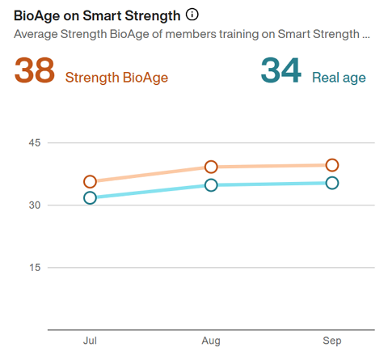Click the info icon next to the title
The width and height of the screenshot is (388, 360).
pyautogui.click(x=192, y=15)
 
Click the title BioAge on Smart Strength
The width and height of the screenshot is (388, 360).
pyautogui.click(x=97, y=15)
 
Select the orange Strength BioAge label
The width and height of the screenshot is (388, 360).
pyautogui.click(x=116, y=78)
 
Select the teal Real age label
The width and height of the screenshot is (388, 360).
pyautogui.click(x=339, y=78)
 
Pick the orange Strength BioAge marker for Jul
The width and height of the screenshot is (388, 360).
pyautogui.click(x=90, y=182)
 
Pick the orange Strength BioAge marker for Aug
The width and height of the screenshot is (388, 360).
pyautogui.click(x=211, y=167)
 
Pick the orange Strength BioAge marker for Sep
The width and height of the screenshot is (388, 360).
pyautogui.click(x=331, y=165)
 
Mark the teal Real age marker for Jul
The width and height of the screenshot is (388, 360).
pyautogui.click(x=90, y=197)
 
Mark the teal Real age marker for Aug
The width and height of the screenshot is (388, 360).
pyautogui.click(x=211, y=185)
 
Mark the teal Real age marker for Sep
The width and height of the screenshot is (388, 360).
pyautogui.click(x=331, y=183)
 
